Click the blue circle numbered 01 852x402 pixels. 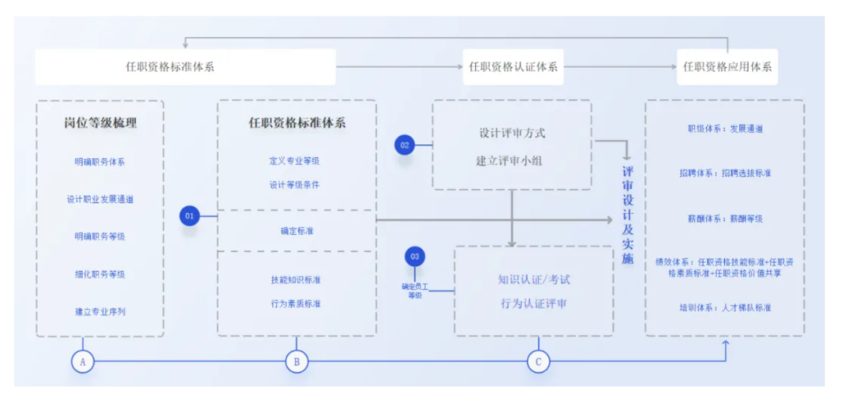189,216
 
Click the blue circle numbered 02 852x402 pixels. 405,145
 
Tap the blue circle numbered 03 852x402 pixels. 415,257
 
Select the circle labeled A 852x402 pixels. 82,361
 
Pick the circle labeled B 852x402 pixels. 297,361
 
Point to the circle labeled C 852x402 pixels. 538,361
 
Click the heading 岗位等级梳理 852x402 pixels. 100,123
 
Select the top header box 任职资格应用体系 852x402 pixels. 727,67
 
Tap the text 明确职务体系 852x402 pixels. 100,162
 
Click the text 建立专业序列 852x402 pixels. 100,311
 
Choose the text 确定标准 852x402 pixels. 296,231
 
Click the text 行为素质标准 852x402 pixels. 295,303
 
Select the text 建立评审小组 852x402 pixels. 510,160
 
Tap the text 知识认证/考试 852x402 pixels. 533,280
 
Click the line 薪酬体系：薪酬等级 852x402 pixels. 725,218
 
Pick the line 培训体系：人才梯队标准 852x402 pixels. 725,307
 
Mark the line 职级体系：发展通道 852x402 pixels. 725,128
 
